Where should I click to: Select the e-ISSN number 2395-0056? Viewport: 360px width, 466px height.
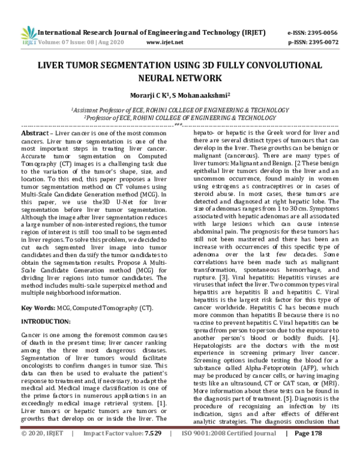point(329,32)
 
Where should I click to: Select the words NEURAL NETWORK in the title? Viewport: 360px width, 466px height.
point(181,78)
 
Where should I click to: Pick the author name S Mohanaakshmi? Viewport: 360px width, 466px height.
point(201,95)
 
